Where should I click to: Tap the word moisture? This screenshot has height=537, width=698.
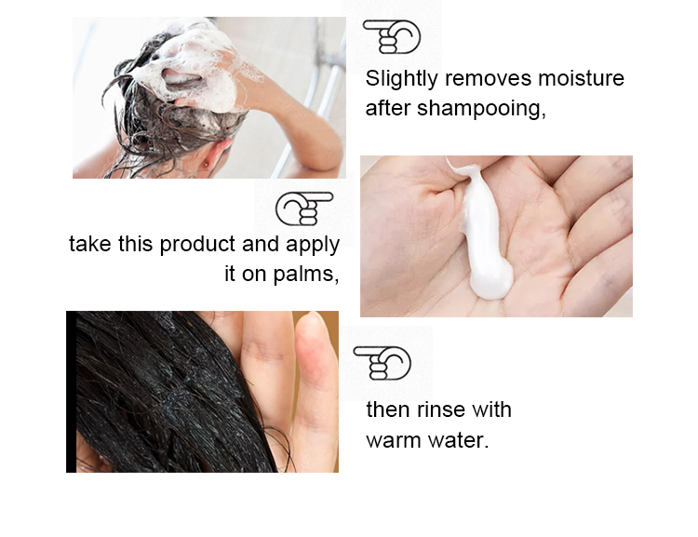(581, 78)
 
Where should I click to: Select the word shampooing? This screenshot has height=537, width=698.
(481, 109)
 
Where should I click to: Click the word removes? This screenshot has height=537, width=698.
(488, 78)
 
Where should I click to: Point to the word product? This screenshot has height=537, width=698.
(197, 245)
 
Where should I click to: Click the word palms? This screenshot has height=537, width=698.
(306, 274)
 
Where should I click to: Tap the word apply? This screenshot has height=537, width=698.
(313, 245)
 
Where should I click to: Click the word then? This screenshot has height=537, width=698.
(388, 409)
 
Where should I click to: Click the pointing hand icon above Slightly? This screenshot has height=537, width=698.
(392, 36)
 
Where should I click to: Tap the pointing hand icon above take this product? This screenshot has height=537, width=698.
(304, 208)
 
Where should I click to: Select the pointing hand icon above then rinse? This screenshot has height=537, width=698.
(382, 363)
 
